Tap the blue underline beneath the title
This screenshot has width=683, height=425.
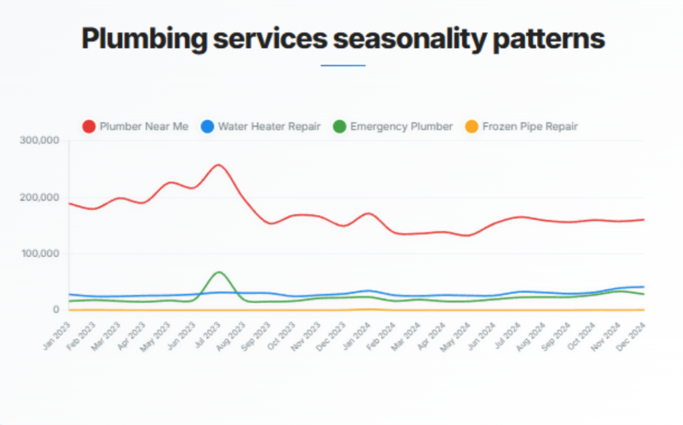pyautogui.click(x=343, y=65)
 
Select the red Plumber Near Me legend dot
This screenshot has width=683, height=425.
pyautogui.click(x=89, y=127)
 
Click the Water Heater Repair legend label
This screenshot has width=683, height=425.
pyautogui.click(x=269, y=127)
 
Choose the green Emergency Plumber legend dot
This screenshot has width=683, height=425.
pyautogui.click(x=339, y=127)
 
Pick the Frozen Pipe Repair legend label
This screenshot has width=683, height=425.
pyautogui.click(x=530, y=127)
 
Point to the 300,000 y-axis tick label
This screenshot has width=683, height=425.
pyautogui.click(x=41, y=141)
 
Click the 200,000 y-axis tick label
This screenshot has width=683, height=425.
pyautogui.click(x=41, y=197)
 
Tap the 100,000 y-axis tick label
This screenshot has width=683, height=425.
pyautogui.click(x=41, y=254)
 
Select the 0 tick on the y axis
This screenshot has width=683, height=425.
pyautogui.click(x=57, y=310)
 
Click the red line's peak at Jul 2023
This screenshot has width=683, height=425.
pyautogui.click(x=219, y=164)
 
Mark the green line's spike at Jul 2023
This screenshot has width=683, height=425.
pyautogui.click(x=219, y=272)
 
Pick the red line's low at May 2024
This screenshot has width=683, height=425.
pyautogui.click(x=468, y=236)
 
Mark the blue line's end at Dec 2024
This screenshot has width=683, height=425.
pyautogui.click(x=643, y=287)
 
